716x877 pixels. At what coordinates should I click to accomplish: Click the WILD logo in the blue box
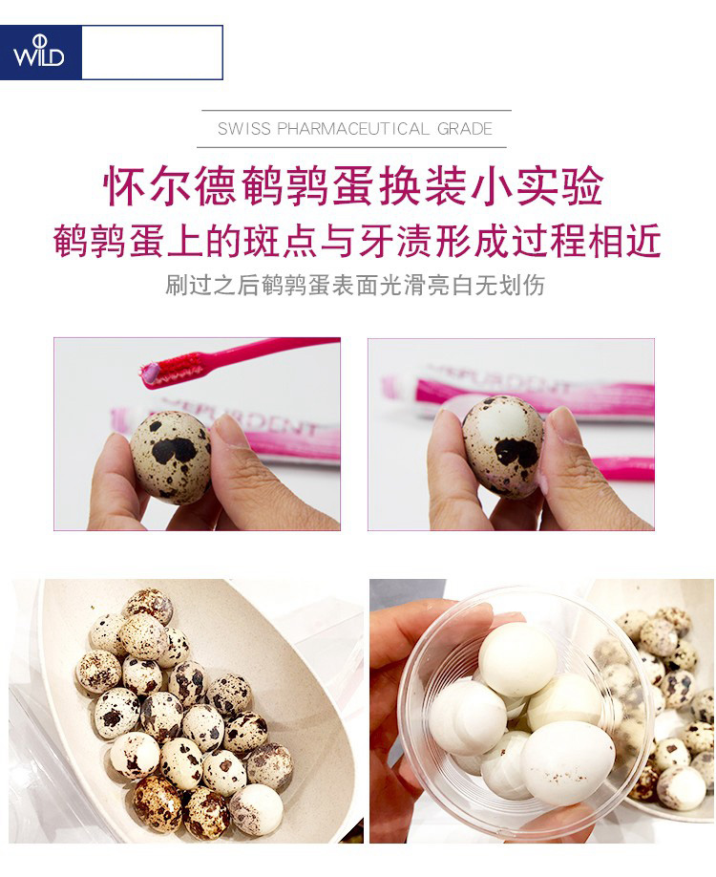click(x=38, y=52)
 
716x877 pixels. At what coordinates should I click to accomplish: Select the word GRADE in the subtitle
click(x=465, y=129)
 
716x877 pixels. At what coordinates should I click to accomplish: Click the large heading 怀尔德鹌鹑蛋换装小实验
click(x=354, y=185)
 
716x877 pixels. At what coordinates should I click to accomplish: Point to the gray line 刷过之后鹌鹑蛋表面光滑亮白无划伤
click(x=355, y=286)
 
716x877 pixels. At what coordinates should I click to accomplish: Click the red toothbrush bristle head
click(x=179, y=368)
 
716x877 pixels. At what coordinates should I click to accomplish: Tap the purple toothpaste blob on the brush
click(x=150, y=374)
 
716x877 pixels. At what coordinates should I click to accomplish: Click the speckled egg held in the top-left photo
click(x=171, y=456)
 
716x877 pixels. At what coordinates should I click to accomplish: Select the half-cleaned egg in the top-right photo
click(x=502, y=446)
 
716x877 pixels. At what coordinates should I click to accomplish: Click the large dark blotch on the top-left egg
click(x=175, y=450)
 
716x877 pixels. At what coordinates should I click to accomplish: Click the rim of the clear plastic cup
click(x=404, y=711)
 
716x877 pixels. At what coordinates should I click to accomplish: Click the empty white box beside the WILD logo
click(x=152, y=52)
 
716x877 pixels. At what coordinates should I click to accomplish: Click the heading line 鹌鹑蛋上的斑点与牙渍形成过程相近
click(x=358, y=241)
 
